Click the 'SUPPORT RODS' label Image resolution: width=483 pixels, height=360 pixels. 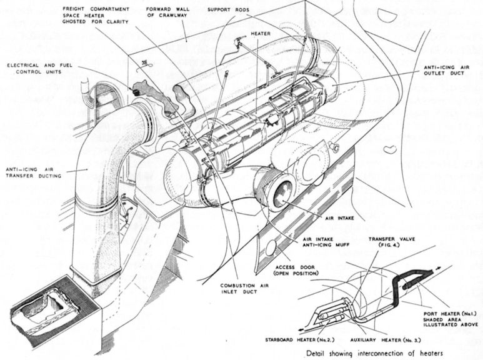(228, 9)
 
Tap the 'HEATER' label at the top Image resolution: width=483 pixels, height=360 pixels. (261, 34)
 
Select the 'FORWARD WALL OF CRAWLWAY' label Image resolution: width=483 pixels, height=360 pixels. (167, 12)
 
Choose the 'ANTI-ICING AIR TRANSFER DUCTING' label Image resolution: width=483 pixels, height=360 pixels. (34, 172)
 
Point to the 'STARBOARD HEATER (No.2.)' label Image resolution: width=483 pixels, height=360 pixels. (300, 340)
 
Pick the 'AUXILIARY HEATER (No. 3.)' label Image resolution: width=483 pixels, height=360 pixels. (386, 340)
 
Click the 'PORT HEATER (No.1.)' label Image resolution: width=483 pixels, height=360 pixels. (451, 314)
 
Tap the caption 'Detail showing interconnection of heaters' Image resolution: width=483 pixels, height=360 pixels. (374, 353)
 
